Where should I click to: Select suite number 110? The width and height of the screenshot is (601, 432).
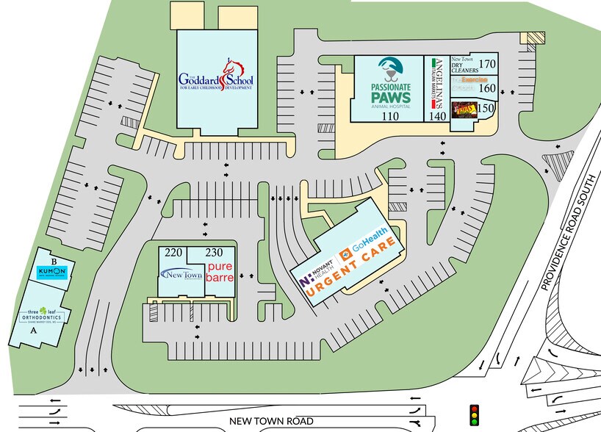(388, 116)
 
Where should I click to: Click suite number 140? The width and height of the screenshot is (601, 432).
(439, 116)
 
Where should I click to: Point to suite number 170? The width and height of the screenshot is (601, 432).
(486, 64)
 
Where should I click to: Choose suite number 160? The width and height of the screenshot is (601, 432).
(486, 88)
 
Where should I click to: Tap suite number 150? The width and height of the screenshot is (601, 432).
(484, 108)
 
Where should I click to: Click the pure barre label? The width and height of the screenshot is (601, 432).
(220, 273)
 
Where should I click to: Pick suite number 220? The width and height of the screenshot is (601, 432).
(173, 253)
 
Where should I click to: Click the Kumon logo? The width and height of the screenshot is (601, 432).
(52, 273)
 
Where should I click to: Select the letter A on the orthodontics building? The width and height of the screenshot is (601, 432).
(32, 331)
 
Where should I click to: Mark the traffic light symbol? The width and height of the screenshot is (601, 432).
(474, 415)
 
